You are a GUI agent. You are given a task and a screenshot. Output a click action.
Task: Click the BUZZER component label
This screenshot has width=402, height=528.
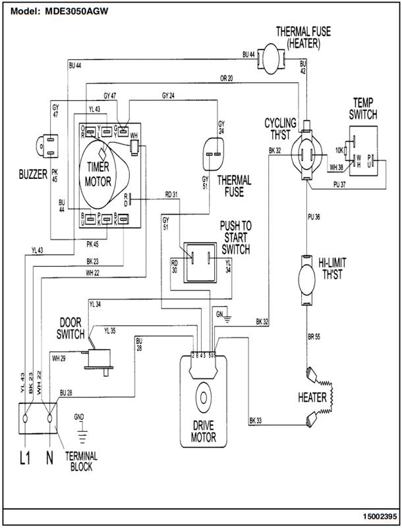(32, 175)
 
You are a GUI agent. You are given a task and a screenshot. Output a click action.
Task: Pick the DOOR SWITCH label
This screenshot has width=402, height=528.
(71, 329)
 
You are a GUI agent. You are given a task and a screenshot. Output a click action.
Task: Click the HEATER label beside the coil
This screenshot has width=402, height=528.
(313, 397)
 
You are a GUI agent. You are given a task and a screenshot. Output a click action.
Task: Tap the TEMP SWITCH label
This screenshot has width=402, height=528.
(364, 109)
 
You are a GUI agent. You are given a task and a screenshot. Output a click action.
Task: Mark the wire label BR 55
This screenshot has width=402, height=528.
(315, 337)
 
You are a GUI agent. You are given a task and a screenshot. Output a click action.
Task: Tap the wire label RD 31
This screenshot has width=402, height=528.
(171, 194)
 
